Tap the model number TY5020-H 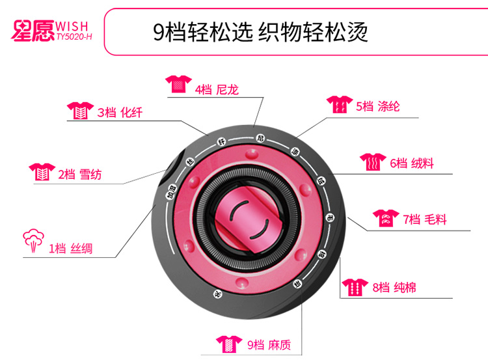coord(74,37)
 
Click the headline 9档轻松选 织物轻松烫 coord(260,31)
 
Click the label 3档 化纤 coord(120,113)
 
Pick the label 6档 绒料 coord(411,163)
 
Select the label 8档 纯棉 coord(394,286)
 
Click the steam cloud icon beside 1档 coord(33,240)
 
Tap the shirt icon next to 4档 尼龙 coord(177,84)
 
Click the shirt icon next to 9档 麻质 coord(228,342)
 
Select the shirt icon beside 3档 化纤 coord(79,111)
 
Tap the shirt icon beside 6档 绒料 coord(373,161)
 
